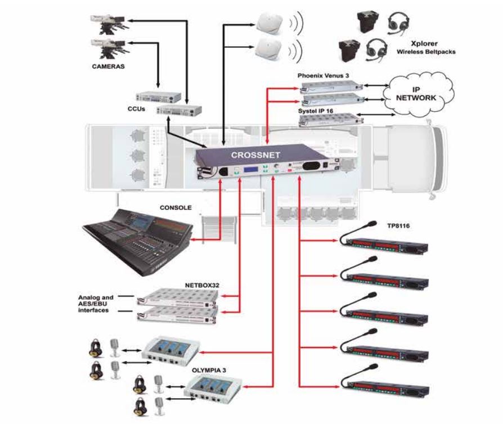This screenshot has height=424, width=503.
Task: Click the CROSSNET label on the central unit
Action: pos(255,155)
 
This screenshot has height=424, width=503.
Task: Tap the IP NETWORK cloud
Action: pos(417,94)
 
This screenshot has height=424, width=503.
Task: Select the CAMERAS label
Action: pos(108,66)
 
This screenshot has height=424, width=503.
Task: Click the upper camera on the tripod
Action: pos(109,24)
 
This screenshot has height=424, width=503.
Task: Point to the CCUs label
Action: pos(136,109)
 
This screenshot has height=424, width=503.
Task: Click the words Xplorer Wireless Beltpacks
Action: pos(426,47)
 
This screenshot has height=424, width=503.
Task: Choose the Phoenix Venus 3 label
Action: pos(323,76)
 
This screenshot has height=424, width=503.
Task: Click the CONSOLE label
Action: pos(176,208)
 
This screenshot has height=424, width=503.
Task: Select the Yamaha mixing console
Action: pos(138,241)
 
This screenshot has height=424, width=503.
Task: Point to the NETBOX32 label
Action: pos(202,285)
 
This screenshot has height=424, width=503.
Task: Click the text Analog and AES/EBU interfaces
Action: pos(95,304)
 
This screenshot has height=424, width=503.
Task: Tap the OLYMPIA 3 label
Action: pos(209,370)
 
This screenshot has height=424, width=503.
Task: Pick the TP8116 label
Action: pos(398,226)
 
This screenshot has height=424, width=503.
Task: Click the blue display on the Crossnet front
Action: pos(250,170)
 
